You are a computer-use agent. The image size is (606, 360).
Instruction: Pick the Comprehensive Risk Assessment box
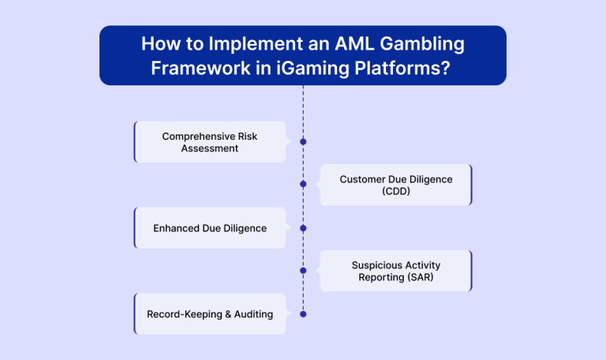tap(210, 142)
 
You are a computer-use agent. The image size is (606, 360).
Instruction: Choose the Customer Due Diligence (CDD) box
tap(395, 185)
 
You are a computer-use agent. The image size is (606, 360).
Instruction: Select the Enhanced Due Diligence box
tap(210, 228)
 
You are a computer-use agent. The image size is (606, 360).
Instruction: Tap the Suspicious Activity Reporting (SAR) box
tap(395, 271)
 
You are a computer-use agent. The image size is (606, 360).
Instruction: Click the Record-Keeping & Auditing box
tap(210, 314)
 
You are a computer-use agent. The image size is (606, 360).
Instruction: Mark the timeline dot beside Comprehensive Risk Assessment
tap(303, 142)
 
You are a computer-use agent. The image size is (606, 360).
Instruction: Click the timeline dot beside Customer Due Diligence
tap(303, 184)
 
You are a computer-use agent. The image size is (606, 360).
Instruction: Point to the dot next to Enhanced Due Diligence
tap(303, 228)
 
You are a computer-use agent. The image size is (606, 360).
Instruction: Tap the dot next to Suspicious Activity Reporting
tap(303, 270)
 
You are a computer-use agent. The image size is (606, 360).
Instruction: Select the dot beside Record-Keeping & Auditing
tap(303, 314)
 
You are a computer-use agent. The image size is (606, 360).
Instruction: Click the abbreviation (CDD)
tap(396, 191)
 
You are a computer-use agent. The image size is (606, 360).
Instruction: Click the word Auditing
tap(252, 314)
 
